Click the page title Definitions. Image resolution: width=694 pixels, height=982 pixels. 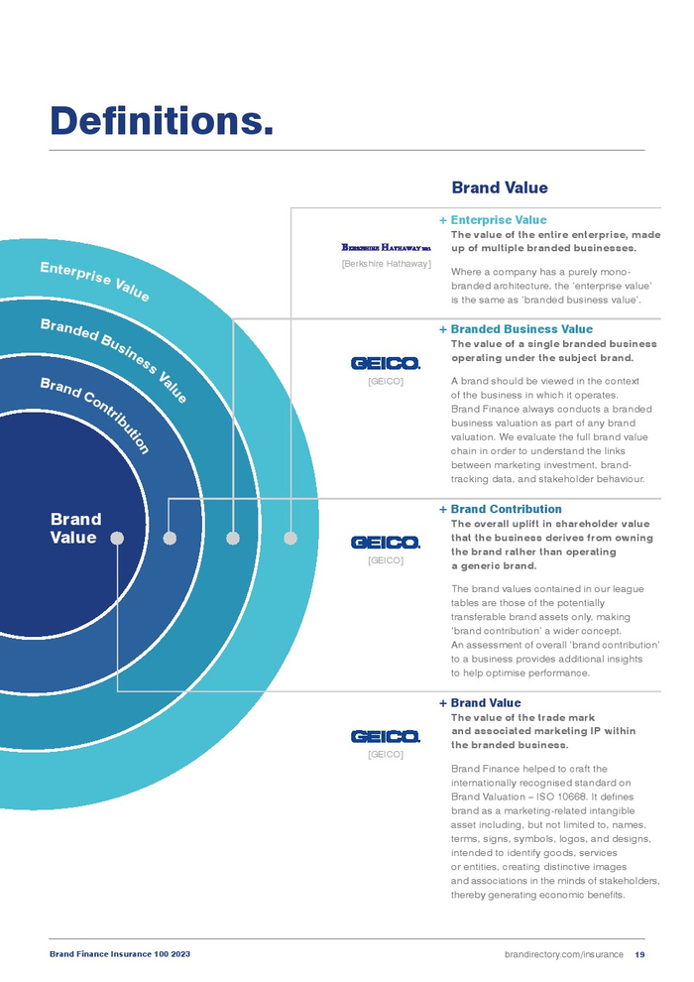click(x=162, y=121)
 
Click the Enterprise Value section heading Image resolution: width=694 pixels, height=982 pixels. click(x=498, y=220)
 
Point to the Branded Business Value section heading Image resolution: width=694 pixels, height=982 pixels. click(x=521, y=329)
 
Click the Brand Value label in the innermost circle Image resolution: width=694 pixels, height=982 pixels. click(x=75, y=529)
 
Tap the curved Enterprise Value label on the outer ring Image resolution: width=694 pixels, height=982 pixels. click(x=94, y=281)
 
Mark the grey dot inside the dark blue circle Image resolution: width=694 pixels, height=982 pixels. click(x=117, y=538)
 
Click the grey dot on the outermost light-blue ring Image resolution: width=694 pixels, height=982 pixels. click(x=290, y=538)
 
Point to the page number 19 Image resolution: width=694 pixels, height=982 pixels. click(x=639, y=954)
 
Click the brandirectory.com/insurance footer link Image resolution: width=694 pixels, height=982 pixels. click(x=563, y=954)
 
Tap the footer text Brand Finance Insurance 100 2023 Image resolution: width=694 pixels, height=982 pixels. click(x=120, y=954)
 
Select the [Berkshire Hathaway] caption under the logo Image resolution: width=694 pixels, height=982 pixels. click(x=386, y=264)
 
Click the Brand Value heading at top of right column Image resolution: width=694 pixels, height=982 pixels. click(x=499, y=187)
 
